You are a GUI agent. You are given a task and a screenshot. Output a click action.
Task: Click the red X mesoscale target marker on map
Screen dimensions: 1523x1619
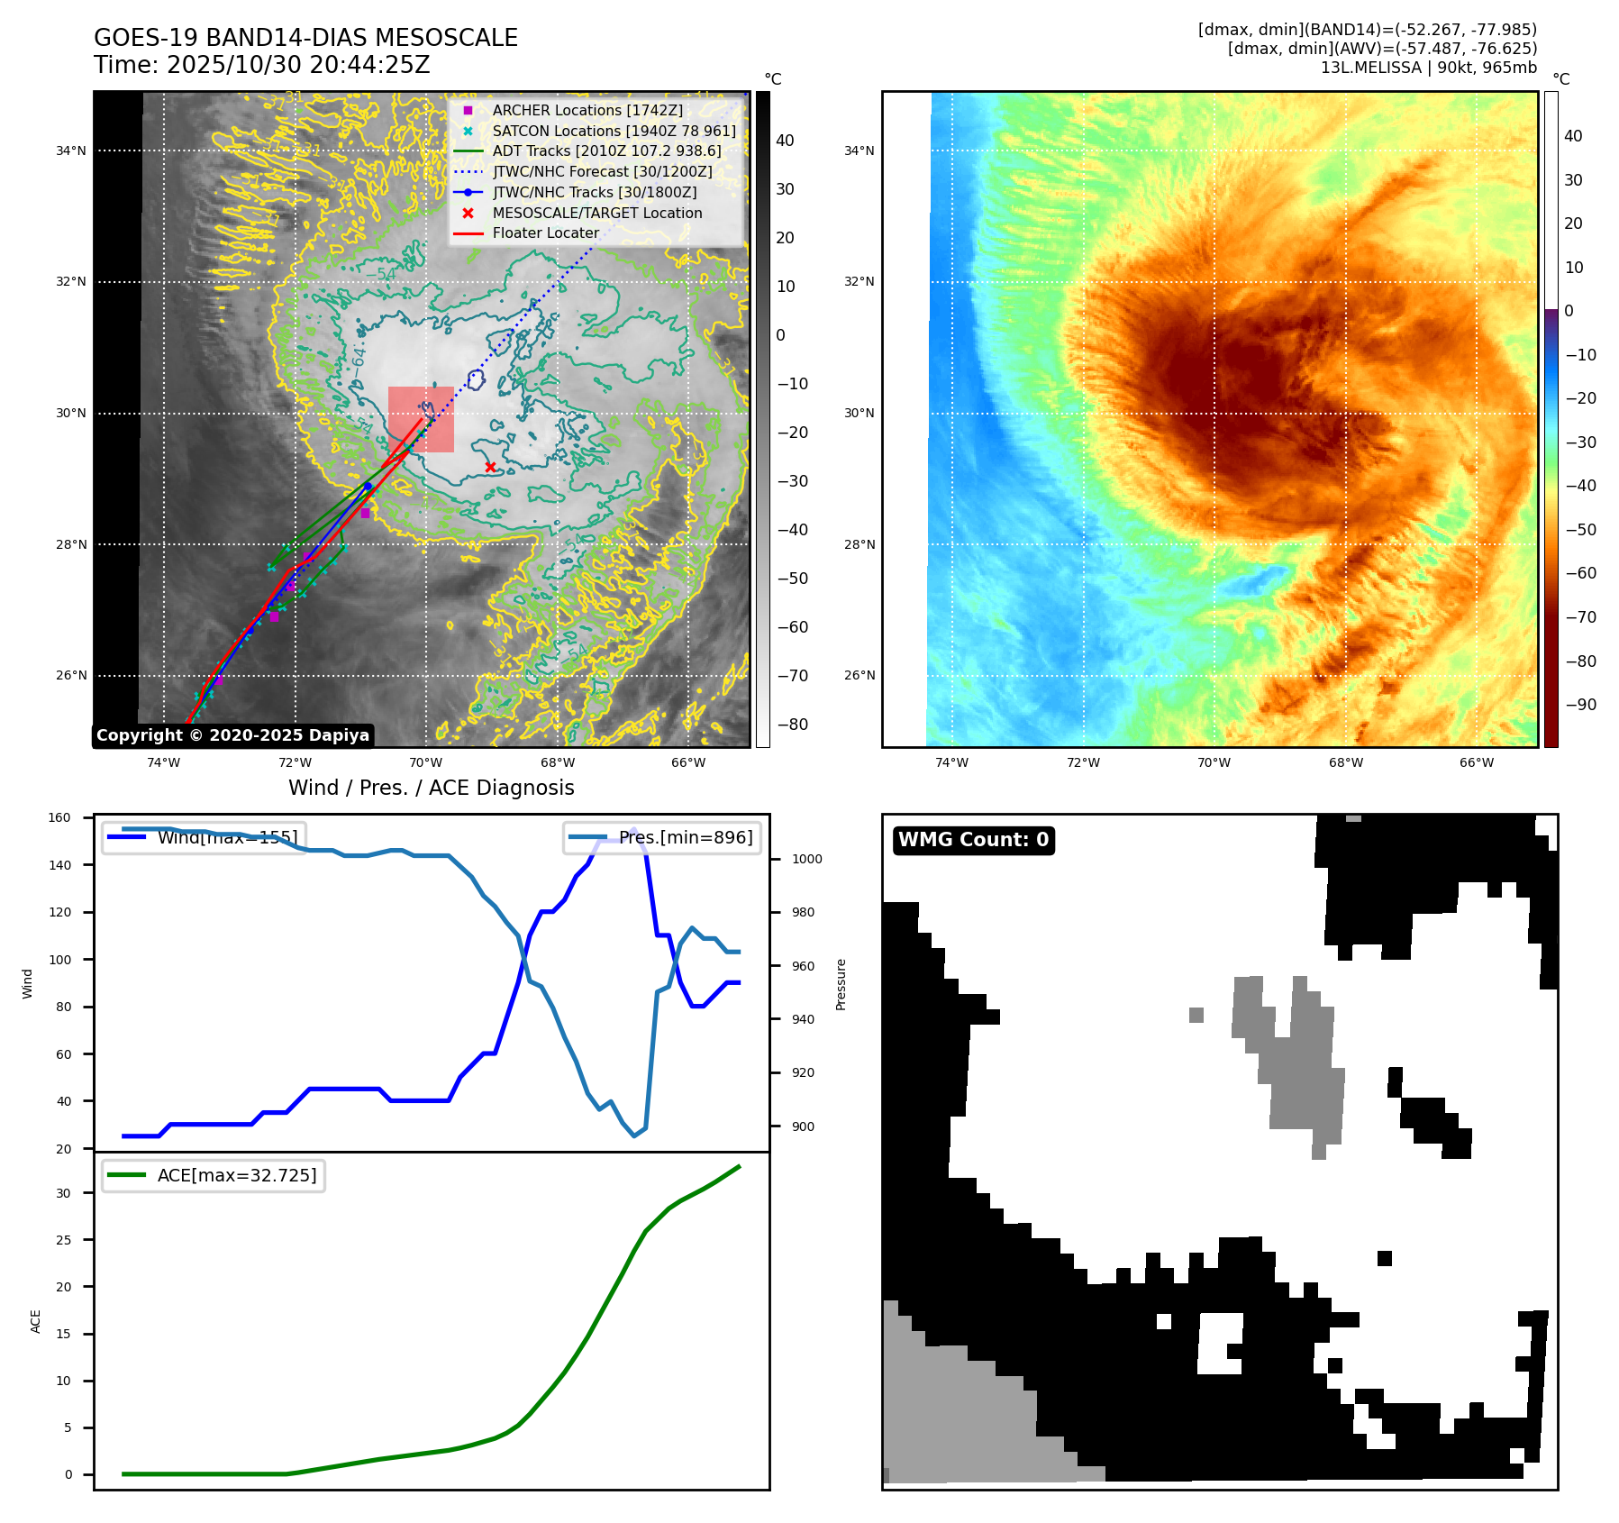[490, 467]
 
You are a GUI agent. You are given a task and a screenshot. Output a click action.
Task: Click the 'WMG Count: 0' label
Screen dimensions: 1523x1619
[973, 840]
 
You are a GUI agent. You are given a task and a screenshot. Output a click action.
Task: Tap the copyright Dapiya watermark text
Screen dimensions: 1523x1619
[232, 735]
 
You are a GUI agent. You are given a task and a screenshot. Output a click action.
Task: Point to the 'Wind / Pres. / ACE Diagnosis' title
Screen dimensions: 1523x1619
[431, 788]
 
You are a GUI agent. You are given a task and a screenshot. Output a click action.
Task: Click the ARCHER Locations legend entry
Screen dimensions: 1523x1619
[587, 110]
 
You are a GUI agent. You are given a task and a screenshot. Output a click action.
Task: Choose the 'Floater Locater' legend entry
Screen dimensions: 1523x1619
[545, 233]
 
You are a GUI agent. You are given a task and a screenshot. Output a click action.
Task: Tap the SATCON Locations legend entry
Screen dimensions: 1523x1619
[614, 131]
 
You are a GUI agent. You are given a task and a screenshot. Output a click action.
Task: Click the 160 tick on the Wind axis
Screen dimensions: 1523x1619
[59, 818]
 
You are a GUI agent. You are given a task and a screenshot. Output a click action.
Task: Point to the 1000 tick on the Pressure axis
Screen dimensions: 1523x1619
[806, 859]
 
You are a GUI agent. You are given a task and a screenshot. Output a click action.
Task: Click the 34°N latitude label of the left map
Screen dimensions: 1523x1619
[71, 150]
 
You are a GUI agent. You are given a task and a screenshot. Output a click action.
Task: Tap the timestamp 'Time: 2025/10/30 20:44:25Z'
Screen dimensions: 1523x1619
[261, 65]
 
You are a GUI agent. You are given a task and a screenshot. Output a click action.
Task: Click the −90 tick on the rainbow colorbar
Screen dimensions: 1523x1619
[1580, 705]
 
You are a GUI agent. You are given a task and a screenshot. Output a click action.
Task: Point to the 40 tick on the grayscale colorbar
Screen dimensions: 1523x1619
[785, 141]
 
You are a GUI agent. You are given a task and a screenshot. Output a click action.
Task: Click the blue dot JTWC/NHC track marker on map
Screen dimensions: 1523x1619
[368, 487]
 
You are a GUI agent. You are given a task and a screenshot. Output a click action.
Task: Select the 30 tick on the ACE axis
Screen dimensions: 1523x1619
[63, 1193]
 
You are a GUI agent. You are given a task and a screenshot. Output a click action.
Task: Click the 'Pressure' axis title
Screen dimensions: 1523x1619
[841, 984]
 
